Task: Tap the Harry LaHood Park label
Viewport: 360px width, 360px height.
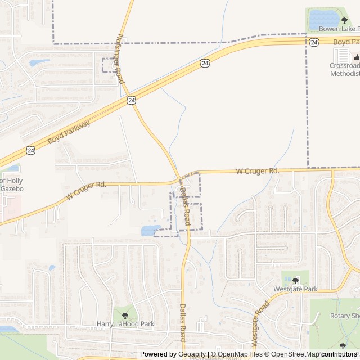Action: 125,324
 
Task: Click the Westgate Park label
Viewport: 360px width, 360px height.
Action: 295,289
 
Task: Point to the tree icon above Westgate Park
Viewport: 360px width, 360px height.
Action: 295,281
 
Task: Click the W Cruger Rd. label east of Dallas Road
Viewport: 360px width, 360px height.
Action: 257,170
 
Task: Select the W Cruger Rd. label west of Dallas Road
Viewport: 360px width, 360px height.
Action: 85,190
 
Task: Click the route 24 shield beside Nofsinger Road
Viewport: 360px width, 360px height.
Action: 131,100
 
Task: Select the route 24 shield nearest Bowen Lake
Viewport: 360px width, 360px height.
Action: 314,42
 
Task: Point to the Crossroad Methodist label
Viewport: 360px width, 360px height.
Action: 344,69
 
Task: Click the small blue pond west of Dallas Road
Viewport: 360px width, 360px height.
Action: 150,230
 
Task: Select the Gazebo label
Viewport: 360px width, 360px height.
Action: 12,188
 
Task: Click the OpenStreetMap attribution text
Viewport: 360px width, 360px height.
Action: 291,354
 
